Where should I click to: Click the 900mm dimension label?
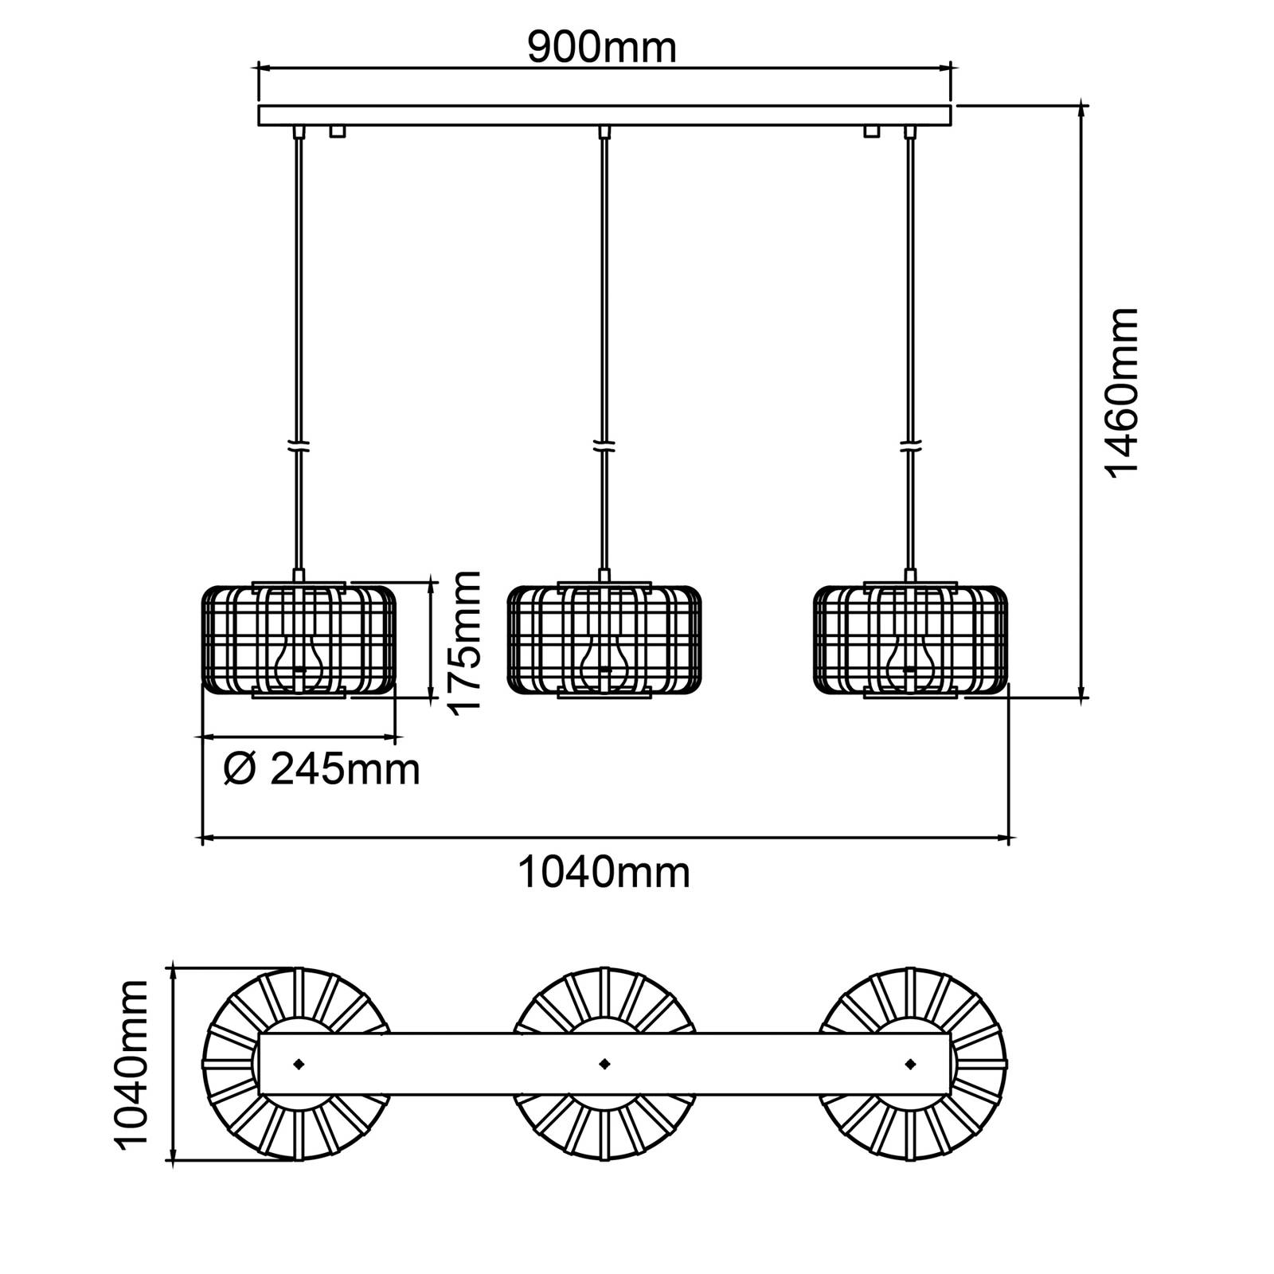pos(602,49)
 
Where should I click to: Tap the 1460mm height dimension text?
pos(1123,392)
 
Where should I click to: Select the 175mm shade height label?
pos(464,643)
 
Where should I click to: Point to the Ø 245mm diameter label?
pos(322,770)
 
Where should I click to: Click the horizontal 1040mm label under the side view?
pos(604,872)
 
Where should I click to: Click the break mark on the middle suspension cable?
pos(604,447)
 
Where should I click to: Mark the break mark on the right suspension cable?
pos(909,447)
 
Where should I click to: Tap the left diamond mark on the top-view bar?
pos(299,1063)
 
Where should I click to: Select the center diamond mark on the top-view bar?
pos(604,1063)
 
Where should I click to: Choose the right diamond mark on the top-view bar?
pos(910,1063)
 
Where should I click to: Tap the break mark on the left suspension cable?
pos(299,447)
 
